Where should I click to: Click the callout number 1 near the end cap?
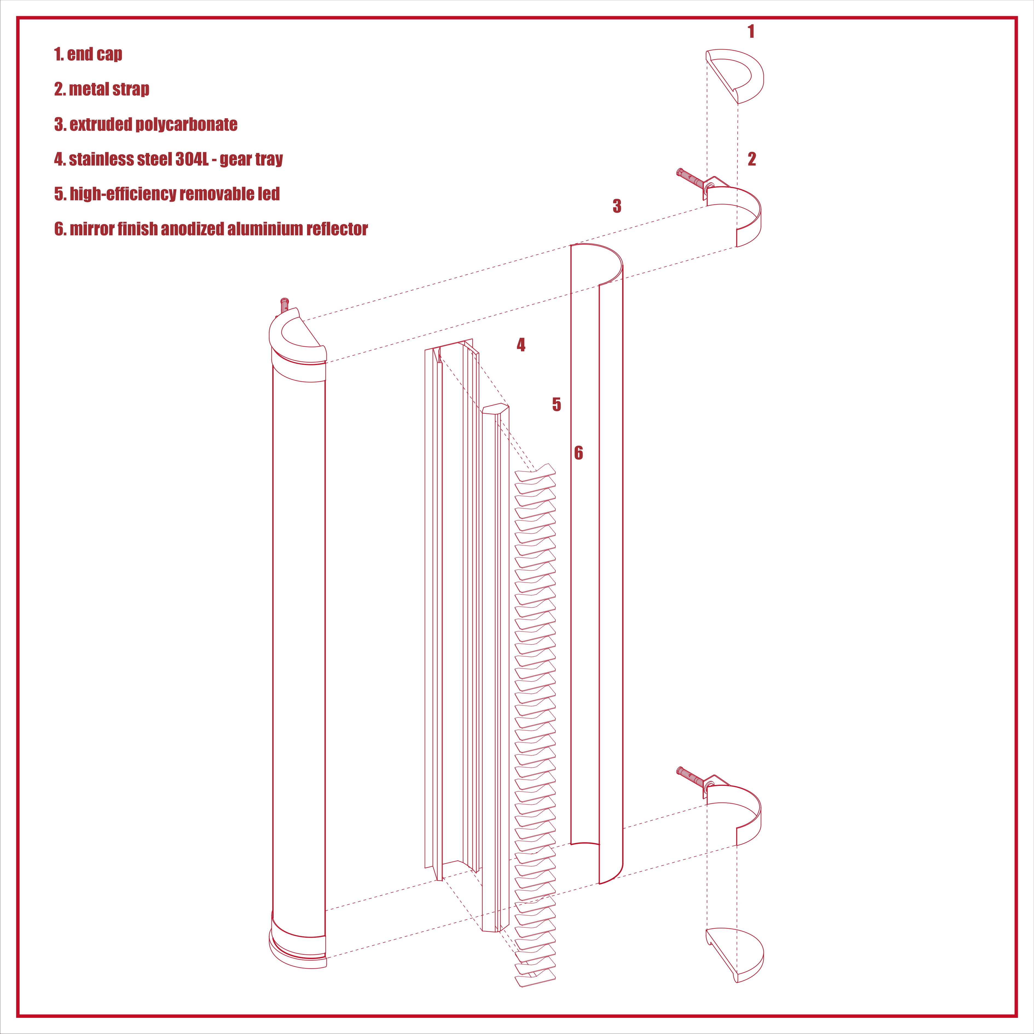(751, 31)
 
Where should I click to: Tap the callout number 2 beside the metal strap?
(752, 159)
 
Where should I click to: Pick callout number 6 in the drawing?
(578, 453)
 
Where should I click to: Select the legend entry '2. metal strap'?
(102, 89)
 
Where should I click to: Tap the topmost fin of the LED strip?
(535, 471)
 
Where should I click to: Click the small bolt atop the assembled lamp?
(284, 306)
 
